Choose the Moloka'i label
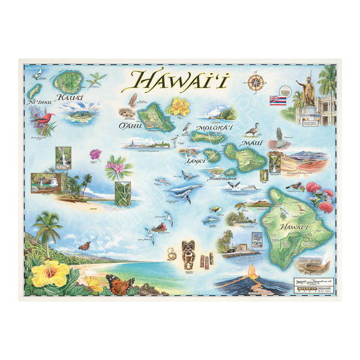(202, 128)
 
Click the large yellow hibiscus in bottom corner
(50, 273)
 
